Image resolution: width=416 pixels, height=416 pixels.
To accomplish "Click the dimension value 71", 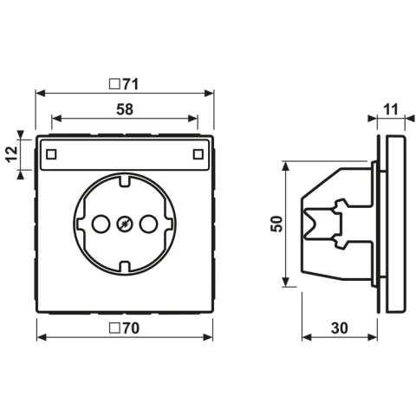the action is point(131,84).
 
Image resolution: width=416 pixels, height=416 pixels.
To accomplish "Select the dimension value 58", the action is point(125,109).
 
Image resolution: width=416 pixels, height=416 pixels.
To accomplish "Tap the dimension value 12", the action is point(12,154).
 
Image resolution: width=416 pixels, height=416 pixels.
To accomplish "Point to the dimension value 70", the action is point(131,328).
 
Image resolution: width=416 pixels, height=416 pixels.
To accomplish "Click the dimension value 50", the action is point(276,224).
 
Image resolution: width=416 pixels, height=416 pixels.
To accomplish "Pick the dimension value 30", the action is point(340,328).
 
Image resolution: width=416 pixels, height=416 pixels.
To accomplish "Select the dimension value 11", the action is point(391,109).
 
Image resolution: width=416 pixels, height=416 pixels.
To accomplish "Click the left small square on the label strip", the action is point(51,154).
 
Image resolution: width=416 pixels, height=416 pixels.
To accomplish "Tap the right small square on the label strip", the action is point(198,154).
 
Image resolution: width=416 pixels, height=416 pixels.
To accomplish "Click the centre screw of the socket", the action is point(125,224).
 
